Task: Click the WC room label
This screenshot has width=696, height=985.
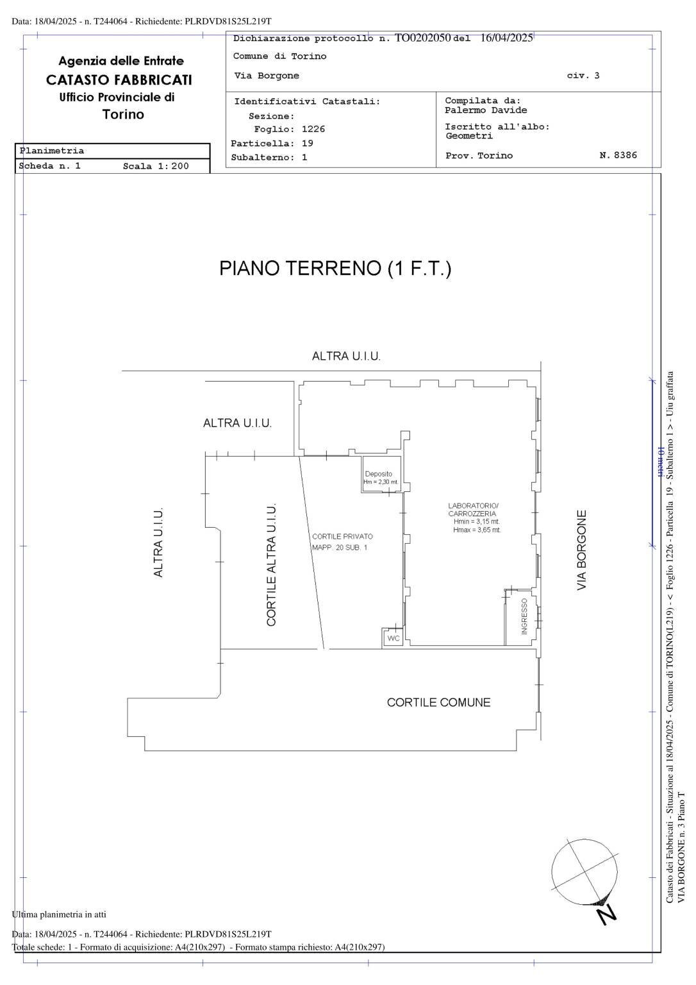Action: [x=393, y=639]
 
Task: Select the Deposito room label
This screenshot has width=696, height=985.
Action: [x=378, y=474]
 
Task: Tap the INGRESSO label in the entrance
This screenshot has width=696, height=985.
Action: [x=524, y=617]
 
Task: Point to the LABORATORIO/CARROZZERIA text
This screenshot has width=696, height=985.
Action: [x=472, y=510]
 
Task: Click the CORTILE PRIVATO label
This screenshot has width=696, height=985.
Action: [x=342, y=537]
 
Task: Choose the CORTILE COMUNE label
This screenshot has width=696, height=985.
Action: [x=438, y=703]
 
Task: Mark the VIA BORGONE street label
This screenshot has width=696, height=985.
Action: [x=582, y=550]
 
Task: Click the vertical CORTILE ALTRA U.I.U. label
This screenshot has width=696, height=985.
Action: [x=272, y=564]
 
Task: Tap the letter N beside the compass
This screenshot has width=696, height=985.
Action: [x=605, y=915]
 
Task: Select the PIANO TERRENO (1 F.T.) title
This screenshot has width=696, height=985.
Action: [x=335, y=268]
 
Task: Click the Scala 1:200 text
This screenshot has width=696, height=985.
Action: [x=156, y=166]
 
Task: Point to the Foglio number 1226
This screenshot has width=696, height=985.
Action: [x=313, y=129]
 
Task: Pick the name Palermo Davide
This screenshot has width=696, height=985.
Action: [x=486, y=110]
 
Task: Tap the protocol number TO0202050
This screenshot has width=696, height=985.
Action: [x=422, y=38]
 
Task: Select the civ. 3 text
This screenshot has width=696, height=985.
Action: [x=583, y=76]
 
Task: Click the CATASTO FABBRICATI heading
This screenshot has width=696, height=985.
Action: [x=119, y=80]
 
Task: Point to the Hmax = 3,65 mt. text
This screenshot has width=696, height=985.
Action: [x=477, y=530]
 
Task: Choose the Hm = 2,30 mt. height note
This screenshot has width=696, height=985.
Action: [x=381, y=482]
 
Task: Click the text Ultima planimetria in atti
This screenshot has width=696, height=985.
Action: [x=59, y=914]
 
